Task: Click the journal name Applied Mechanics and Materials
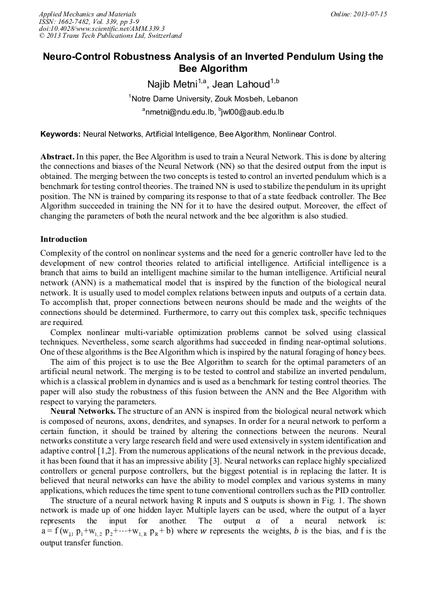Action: [87, 14]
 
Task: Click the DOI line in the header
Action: [101, 29]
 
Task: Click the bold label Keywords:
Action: [60, 134]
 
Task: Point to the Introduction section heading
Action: [64, 239]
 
